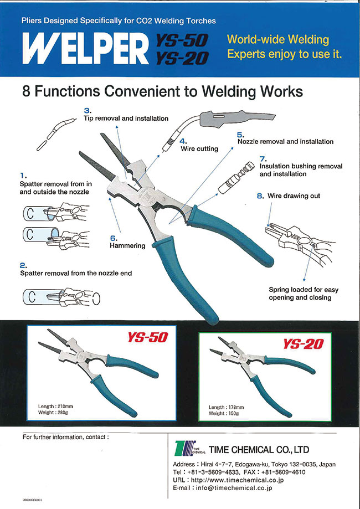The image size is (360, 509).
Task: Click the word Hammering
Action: click(x=128, y=245)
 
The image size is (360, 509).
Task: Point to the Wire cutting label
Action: click(x=199, y=149)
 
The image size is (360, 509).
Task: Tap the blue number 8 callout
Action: click(x=260, y=196)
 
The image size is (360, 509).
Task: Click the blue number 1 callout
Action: click(x=21, y=176)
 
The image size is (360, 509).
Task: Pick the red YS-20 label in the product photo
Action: click(x=303, y=344)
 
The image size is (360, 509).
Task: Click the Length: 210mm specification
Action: click(x=55, y=407)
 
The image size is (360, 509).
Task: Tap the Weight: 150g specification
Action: click(x=224, y=413)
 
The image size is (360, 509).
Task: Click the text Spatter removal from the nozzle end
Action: click(x=76, y=273)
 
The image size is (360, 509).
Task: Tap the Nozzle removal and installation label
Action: click(x=285, y=142)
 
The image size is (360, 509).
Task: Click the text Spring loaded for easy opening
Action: click(x=304, y=290)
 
